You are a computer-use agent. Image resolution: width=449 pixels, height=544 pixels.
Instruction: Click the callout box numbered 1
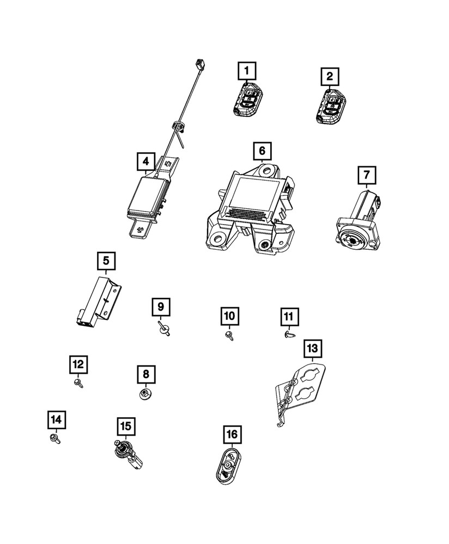pos(246,70)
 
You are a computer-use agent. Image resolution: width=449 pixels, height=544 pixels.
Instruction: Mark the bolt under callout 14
pos(56,438)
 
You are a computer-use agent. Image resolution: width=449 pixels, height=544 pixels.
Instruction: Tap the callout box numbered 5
pos(106,261)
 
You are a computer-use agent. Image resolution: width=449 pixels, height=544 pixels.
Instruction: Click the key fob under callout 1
pos(247,100)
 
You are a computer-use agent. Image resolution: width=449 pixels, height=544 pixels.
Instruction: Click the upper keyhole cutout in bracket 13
pos(308,376)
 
